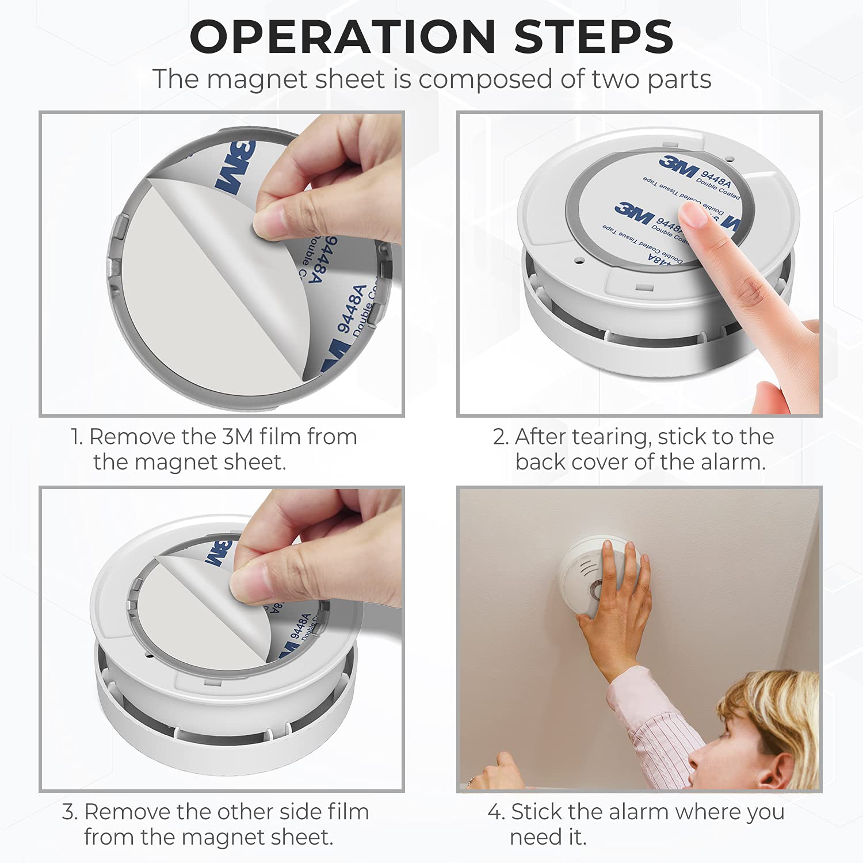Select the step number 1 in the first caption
point(76,437)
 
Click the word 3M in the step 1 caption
point(237,437)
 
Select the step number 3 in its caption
point(68,812)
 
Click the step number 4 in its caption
point(494,812)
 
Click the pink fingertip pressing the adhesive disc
point(693,216)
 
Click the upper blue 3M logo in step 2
point(679,166)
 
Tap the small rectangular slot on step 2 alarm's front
point(643,286)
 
